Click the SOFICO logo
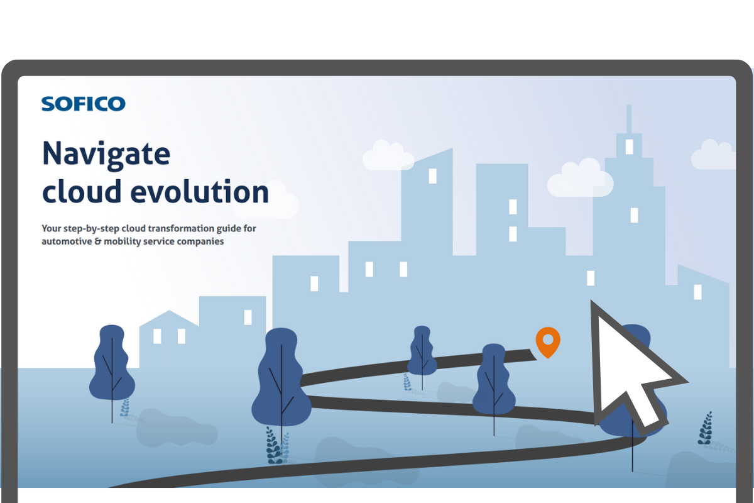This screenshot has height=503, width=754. point(84,104)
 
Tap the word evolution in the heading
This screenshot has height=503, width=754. point(200,191)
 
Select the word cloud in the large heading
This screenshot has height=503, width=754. point(82,191)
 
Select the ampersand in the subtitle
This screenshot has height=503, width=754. point(98,241)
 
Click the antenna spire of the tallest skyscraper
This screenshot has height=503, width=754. point(629,119)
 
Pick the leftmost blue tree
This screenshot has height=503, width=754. point(112,370)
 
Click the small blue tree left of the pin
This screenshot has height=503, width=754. point(422,354)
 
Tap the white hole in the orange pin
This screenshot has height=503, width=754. point(548,340)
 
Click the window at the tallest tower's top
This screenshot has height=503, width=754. point(629,147)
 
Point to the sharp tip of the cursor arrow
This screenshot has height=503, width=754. point(592,301)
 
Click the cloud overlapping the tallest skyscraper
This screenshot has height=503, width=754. point(580,179)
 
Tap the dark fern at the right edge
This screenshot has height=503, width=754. point(706,428)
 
